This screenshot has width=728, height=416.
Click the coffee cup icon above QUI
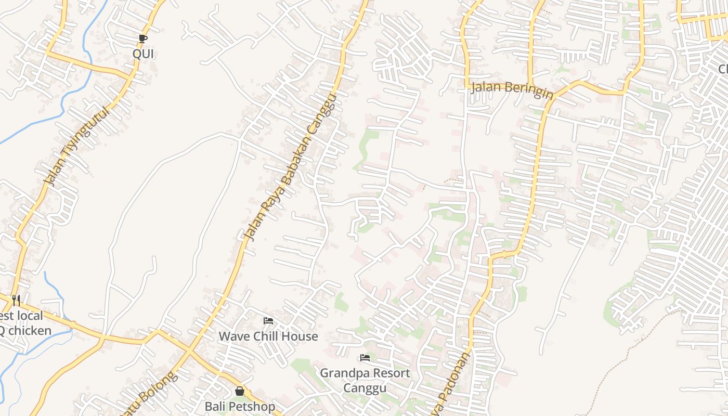coord(143,38)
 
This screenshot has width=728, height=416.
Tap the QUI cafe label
coord(143,54)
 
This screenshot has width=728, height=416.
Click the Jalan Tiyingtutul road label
coord(77,146)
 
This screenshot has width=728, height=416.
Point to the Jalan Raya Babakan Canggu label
coord(291,168)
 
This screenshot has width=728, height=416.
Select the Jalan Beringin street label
coord(512,89)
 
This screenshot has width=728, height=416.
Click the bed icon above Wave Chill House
coord(268,320)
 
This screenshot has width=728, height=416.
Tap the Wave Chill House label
coord(268,336)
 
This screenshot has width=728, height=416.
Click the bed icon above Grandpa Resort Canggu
coord(365,358)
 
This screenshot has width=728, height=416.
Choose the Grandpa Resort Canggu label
coord(365,380)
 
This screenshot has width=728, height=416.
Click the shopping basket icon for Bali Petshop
coord(240,391)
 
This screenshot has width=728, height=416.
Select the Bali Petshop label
coord(240,406)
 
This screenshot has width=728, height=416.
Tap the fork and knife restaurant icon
coord(16,300)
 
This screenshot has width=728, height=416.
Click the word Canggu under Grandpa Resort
coord(365,388)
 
